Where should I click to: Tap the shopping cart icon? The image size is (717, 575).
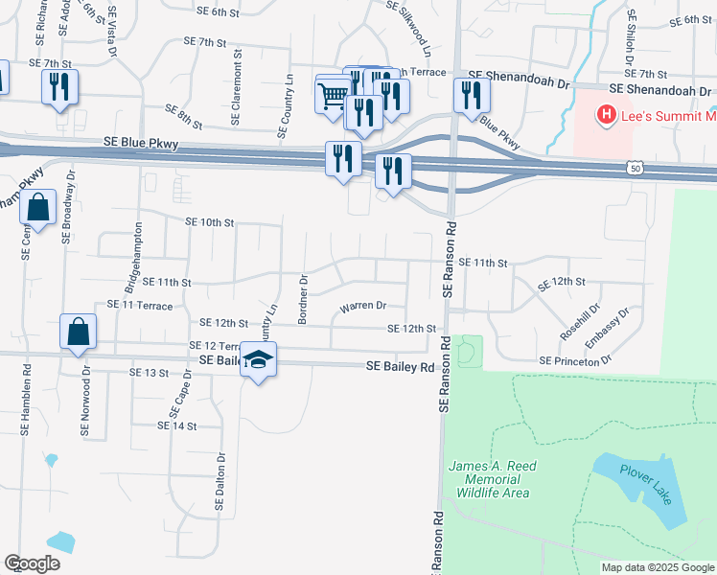click(332, 95)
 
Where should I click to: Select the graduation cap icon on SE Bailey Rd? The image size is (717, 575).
click(258, 359)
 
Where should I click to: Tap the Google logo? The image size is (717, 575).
click(33, 563)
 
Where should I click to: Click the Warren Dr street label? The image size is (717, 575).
click(362, 307)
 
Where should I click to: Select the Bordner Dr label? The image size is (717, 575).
click(302, 301)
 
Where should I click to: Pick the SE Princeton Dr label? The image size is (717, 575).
click(575, 360)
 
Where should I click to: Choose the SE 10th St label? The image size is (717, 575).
click(210, 222)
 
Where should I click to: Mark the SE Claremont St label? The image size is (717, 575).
click(235, 87)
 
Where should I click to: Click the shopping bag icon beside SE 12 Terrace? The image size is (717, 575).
click(78, 332)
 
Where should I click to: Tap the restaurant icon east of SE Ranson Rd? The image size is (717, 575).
click(471, 95)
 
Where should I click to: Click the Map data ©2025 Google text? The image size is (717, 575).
click(658, 567)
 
